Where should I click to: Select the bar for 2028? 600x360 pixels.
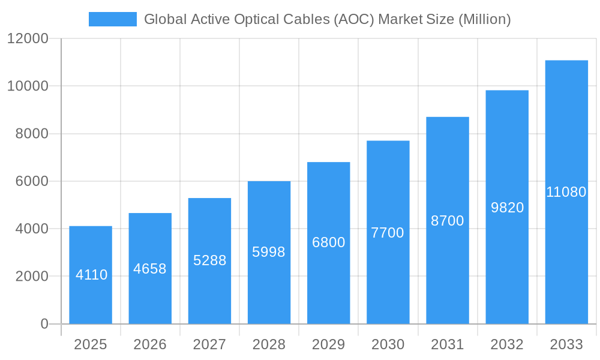click(x=269, y=252)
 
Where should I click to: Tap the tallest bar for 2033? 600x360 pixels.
click(x=566, y=192)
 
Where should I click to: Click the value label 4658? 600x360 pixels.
click(x=150, y=269)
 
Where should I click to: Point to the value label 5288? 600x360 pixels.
click(x=209, y=260)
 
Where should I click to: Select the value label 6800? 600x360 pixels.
click(x=328, y=242)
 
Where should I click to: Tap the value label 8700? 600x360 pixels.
click(x=448, y=221)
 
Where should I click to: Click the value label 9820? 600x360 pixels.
click(x=507, y=208)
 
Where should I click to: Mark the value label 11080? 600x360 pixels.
click(x=566, y=192)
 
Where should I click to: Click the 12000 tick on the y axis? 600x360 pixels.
click(x=28, y=38)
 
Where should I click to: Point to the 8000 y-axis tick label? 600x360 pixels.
click(x=31, y=134)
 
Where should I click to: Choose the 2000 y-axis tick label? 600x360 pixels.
click(x=31, y=277)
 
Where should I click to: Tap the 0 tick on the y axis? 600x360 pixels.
click(x=44, y=324)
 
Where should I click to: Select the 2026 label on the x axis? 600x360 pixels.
click(x=150, y=344)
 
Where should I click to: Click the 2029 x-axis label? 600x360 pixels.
click(x=328, y=344)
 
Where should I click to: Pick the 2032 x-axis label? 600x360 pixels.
click(x=507, y=344)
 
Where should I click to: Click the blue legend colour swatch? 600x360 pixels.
click(x=113, y=19)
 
